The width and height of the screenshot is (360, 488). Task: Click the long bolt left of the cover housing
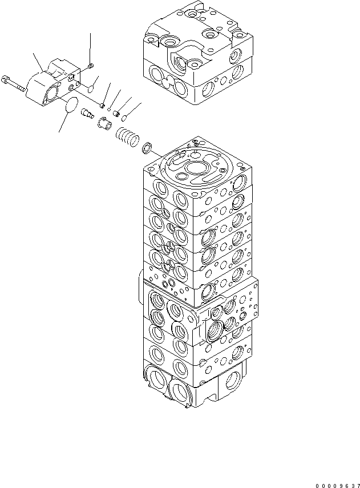coord(14,83)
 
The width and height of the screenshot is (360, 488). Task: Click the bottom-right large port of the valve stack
coord(234,381)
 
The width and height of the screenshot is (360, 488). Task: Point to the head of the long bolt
coord(5,78)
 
